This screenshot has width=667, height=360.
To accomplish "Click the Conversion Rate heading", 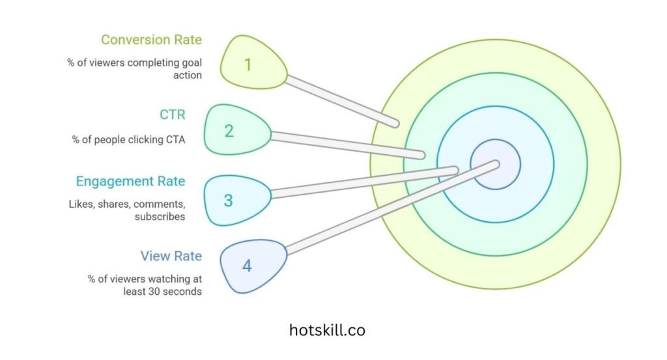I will (151, 40).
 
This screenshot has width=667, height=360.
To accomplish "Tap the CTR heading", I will (172, 115).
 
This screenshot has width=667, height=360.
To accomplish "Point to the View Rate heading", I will (171, 256).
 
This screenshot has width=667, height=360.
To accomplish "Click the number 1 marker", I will (247, 64).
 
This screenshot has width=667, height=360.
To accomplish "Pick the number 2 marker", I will (229, 131).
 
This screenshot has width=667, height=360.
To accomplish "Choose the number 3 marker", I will (228, 200).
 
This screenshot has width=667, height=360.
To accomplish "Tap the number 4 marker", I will (247, 266).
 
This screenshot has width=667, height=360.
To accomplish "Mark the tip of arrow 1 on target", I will (395, 123).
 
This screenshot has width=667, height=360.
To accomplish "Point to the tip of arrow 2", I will (421, 156).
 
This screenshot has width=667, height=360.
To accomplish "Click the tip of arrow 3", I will (455, 171).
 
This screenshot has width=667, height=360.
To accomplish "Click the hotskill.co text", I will (327, 330).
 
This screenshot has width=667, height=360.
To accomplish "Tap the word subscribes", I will (160, 216).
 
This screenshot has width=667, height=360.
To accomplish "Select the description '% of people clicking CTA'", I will (128, 139).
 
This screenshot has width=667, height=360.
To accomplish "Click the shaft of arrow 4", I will (391, 208).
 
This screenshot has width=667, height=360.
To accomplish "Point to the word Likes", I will (81, 204).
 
